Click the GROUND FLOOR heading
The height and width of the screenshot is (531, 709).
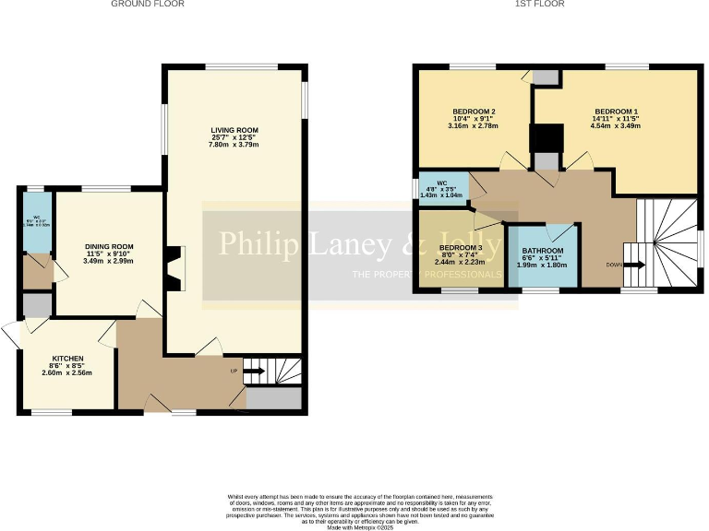click(x=148, y=5)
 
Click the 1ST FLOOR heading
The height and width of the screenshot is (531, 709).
click(x=540, y=5)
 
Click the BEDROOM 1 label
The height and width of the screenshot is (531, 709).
click(x=616, y=111)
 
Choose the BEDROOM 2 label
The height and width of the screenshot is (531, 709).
click(x=475, y=111)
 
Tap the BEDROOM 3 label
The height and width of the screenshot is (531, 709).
click(x=460, y=248)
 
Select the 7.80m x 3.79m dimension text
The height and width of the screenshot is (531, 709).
click(x=234, y=146)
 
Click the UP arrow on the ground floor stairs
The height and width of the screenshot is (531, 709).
click(x=254, y=372)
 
